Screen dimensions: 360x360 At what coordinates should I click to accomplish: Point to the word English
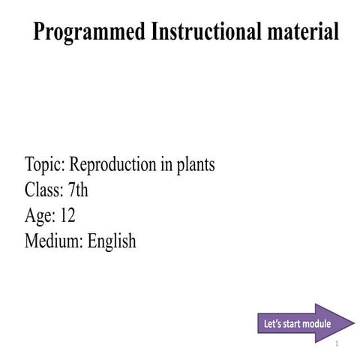coord(112,241)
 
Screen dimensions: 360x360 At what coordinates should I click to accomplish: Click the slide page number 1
coord(337,344)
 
